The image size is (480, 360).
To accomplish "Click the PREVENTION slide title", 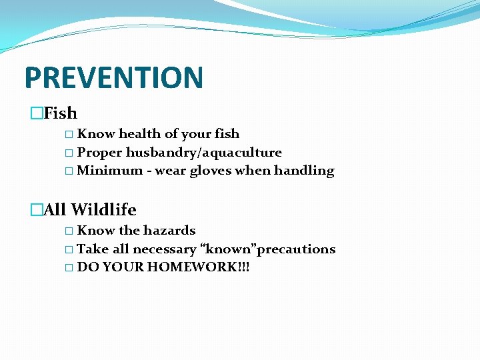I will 113,77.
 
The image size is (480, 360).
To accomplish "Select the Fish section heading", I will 60,113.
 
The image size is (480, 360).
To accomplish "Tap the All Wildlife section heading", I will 89,210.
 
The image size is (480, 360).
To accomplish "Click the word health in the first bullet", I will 139,134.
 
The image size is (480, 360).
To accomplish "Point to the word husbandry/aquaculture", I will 203,153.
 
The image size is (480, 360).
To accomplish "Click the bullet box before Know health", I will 71,135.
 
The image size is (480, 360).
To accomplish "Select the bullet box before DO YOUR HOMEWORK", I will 71,268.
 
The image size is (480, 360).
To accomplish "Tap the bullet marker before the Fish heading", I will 36,114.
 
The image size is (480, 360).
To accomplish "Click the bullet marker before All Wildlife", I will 36,211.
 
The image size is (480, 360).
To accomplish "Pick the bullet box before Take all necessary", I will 71,250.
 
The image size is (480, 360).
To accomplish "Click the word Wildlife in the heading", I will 103,210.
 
